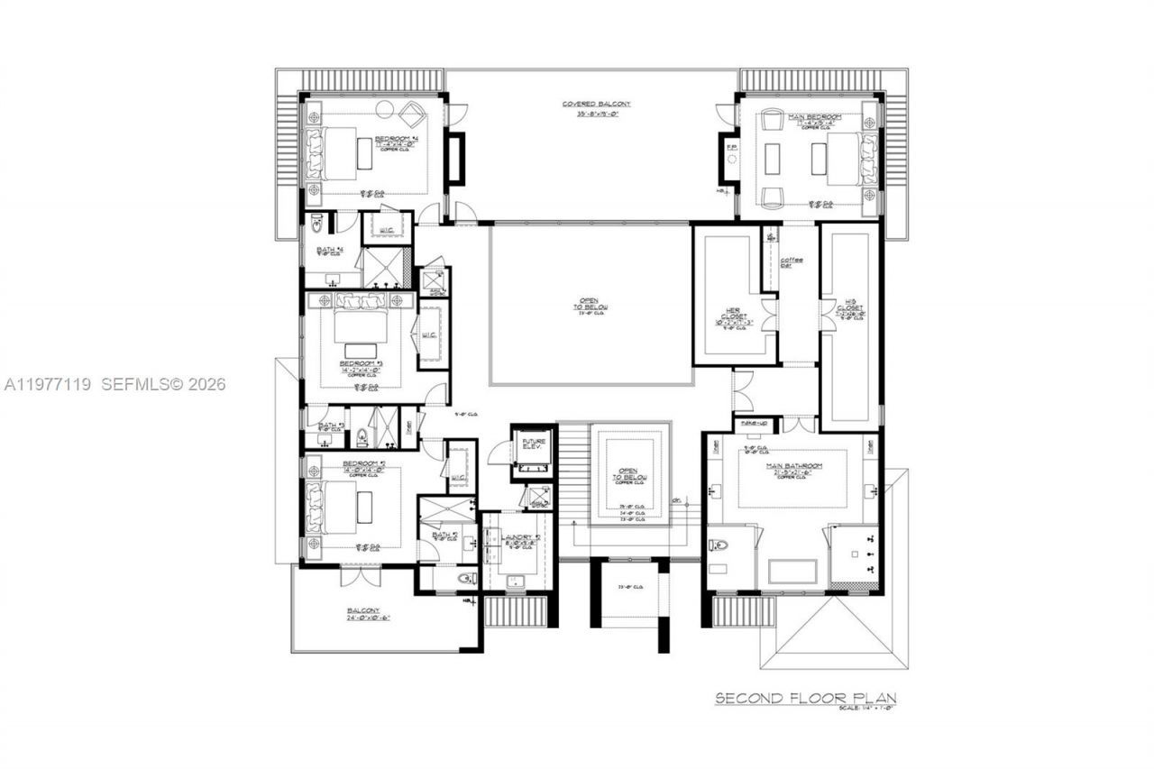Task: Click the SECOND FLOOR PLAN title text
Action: coord(805,698)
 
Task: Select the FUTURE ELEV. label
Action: coord(531,444)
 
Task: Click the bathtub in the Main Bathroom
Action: coord(792,572)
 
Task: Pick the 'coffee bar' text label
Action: coord(797,263)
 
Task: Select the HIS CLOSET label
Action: coord(852,309)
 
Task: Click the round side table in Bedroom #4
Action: coord(385,110)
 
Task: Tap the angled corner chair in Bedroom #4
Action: coord(413,114)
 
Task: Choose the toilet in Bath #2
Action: coord(466,578)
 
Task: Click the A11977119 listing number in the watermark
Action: coord(47,384)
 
